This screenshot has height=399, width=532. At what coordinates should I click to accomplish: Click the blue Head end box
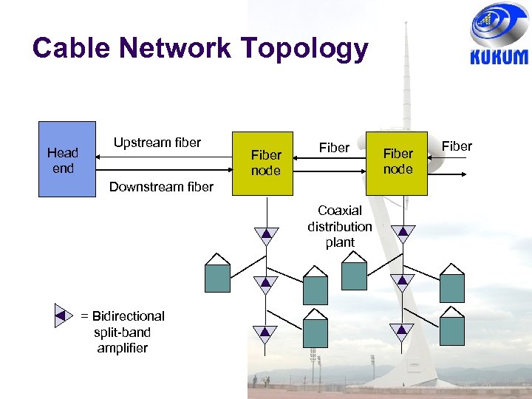click(x=66, y=159)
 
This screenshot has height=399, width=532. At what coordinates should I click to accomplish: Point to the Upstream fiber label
click(x=157, y=143)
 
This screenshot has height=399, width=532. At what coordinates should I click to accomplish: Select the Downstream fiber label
click(x=161, y=187)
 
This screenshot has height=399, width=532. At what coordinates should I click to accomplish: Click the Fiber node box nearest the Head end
click(x=265, y=163)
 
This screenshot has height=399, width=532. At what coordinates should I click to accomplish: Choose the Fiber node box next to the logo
click(x=398, y=162)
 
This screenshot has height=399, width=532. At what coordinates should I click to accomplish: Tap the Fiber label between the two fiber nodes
click(x=333, y=148)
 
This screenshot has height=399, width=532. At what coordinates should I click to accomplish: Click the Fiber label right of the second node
click(x=456, y=146)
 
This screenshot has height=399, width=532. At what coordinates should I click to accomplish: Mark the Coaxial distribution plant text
click(x=340, y=226)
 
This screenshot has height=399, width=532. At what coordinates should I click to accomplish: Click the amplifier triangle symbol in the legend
click(x=64, y=316)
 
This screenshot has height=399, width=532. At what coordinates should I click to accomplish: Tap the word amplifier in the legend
click(x=123, y=348)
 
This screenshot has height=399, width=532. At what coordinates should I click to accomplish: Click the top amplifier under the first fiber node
click(x=265, y=235)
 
